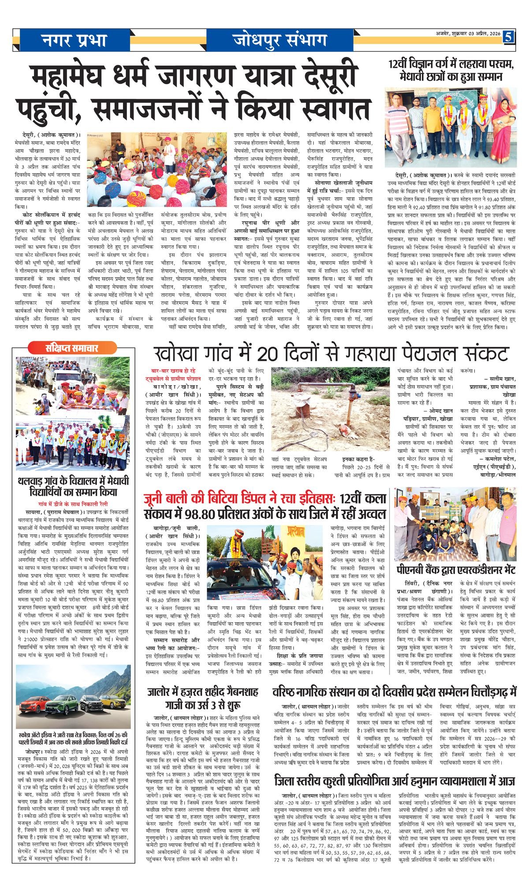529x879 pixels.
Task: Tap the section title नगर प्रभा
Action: (75, 41)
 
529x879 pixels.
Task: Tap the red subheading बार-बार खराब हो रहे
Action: (174, 371)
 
